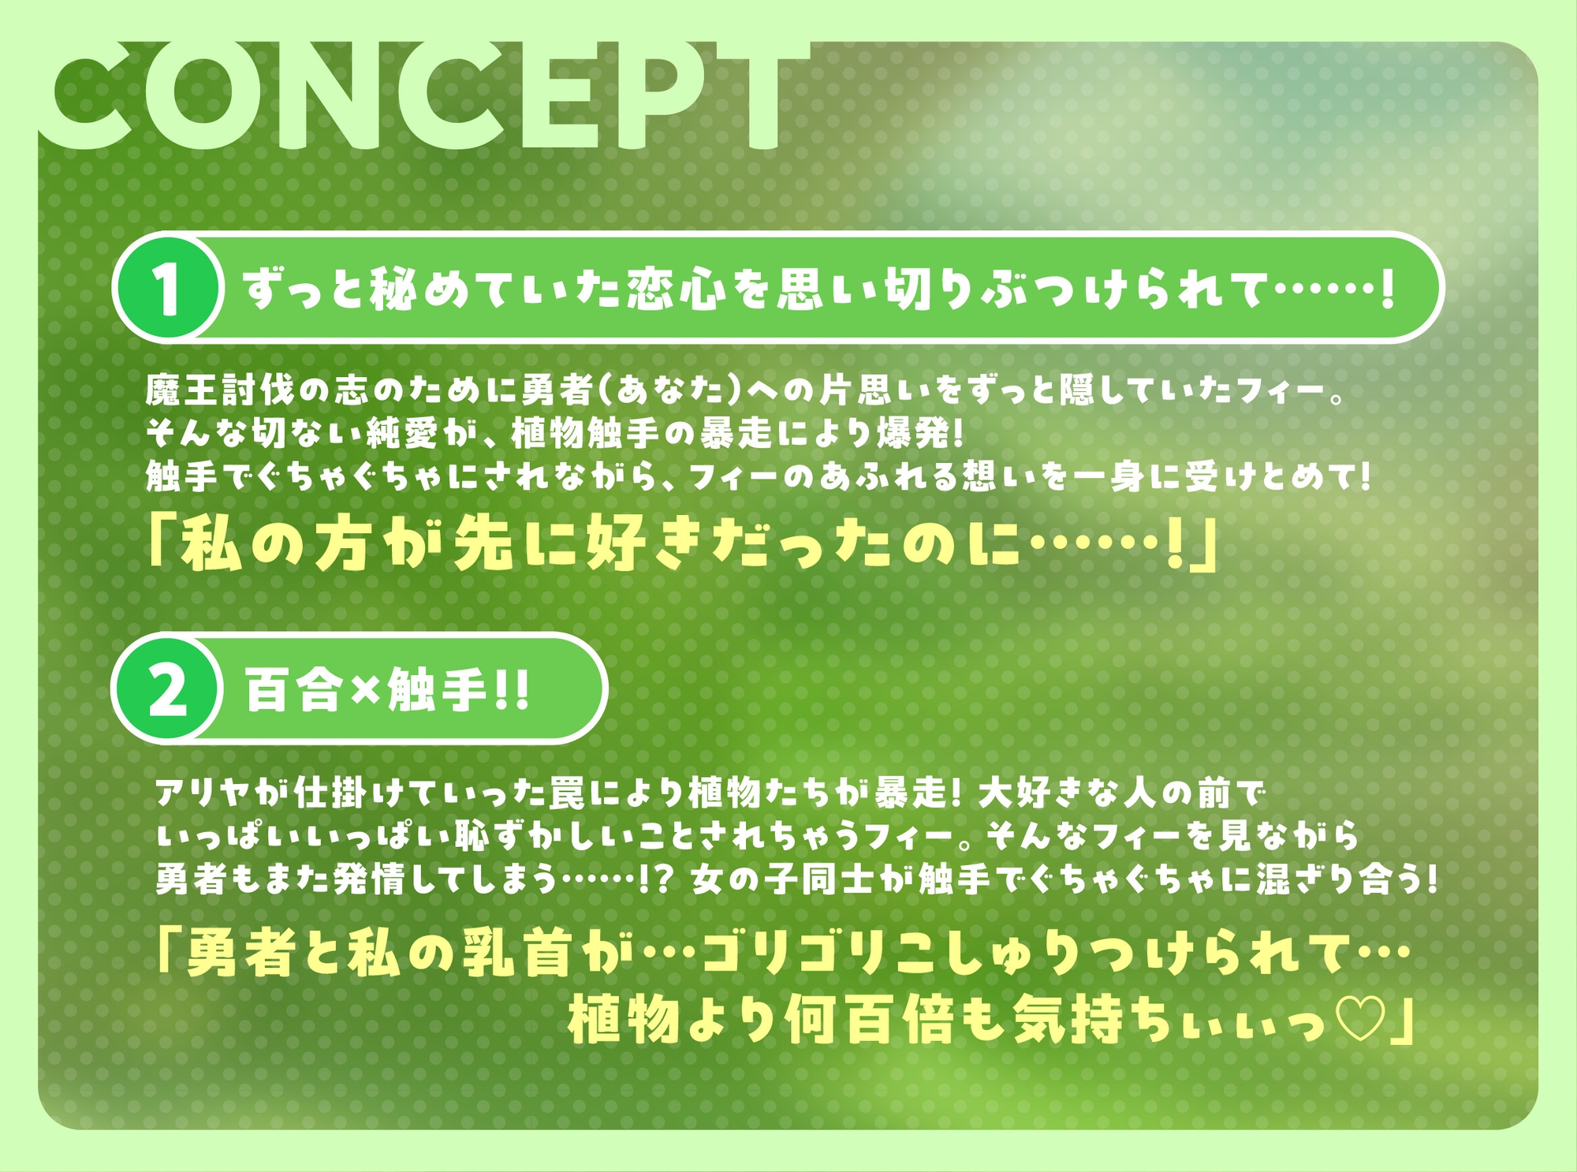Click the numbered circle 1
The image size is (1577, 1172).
(x=167, y=289)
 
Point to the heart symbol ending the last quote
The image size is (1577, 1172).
(x=1361, y=1019)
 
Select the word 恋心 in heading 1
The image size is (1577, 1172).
(x=676, y=289)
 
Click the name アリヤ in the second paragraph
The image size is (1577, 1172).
(x=203, y=793)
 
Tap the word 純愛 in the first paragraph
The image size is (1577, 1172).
(x=403, y=433)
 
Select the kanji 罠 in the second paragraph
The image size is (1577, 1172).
(x=567, y=793)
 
